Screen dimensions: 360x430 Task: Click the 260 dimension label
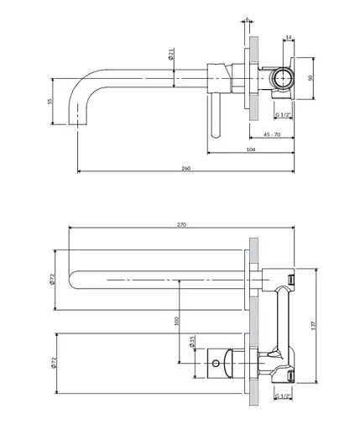[x=186, y=168]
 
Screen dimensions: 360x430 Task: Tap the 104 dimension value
[x=251, y=149]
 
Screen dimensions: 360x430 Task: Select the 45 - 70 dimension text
[x=272, y=134]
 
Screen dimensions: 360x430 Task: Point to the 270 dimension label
[x=181, y=224]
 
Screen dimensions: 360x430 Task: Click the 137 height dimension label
[x=313, y=325]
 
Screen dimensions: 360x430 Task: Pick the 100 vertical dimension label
[x=176, y=321]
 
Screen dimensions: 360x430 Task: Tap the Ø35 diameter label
[x=192, y=342]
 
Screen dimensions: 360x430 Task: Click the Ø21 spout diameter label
[x=171, y=54]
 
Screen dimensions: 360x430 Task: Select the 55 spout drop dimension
[x=50, y=101]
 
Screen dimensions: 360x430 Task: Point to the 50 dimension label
[x=310, y=78]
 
